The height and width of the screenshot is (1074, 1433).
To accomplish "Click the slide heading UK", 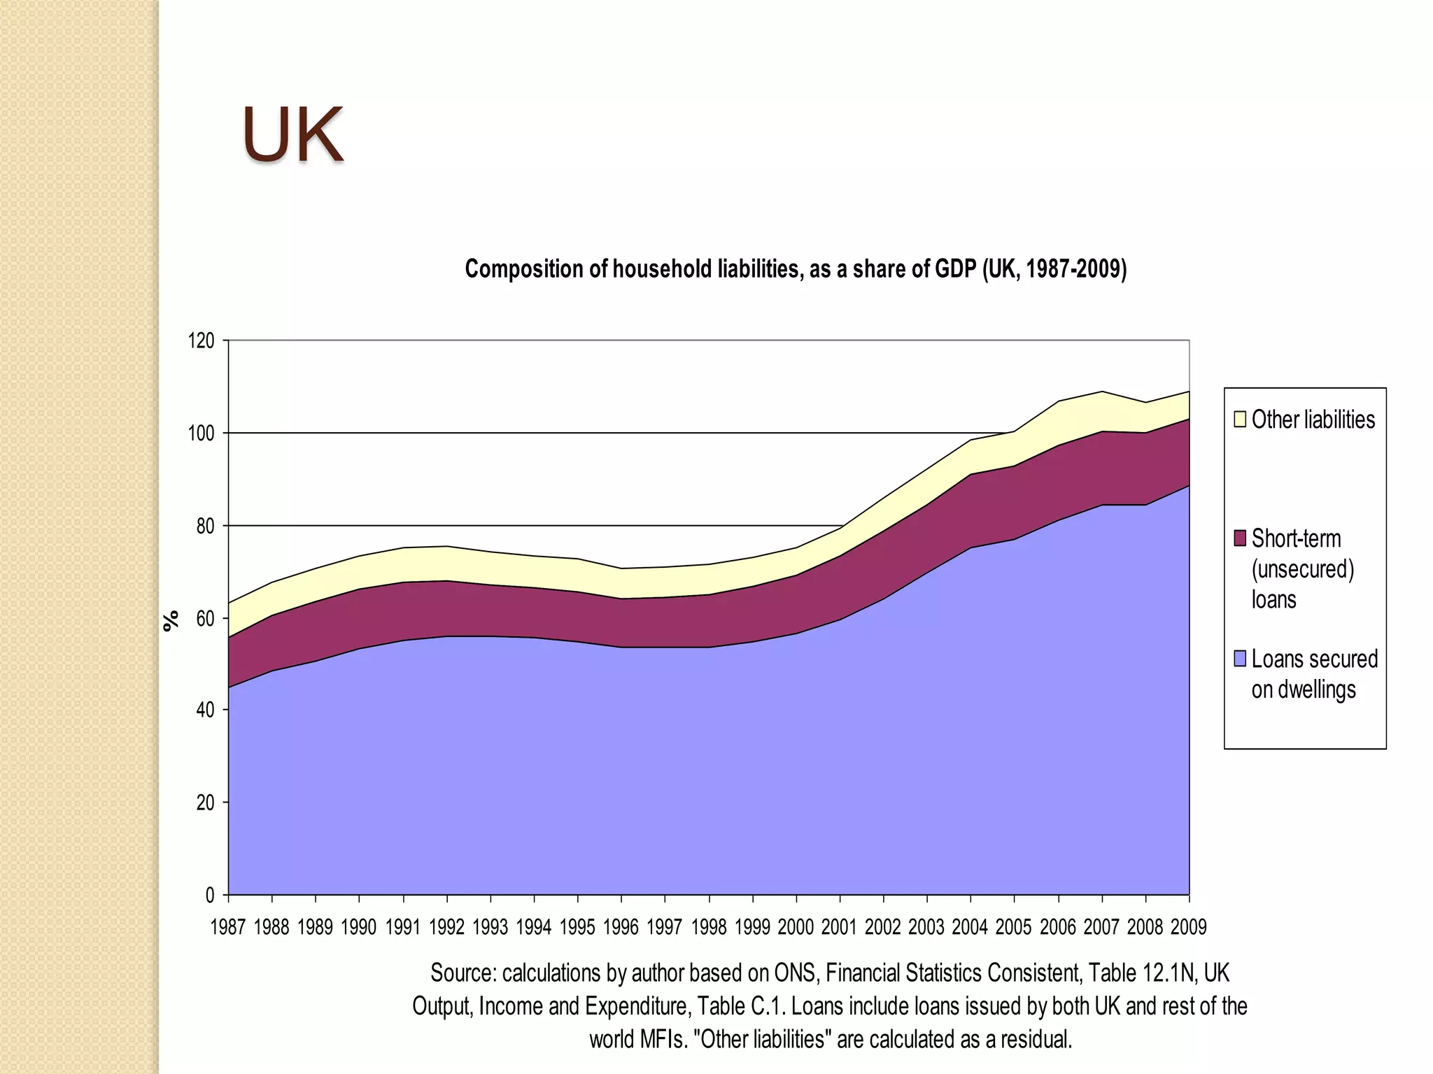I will tap(292, 135).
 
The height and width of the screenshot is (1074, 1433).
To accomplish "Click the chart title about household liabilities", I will tap(796, 269).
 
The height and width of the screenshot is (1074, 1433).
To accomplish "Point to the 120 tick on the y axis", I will tap(201, 341).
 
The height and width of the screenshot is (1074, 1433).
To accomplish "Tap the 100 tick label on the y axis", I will tap(201, 434).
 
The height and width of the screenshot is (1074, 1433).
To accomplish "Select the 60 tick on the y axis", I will tap(204, 619).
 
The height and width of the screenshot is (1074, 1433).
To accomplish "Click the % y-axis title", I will tap(171, 620).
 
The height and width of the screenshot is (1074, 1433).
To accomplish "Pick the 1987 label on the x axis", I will tap(228, 928).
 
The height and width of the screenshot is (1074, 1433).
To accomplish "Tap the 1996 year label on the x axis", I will tap(621, 928).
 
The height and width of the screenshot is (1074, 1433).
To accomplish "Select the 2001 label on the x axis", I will tap(839, 928).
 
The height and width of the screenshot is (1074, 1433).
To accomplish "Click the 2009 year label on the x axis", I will tap(1189, 928).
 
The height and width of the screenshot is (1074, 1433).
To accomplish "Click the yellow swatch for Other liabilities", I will tap(1240, 420).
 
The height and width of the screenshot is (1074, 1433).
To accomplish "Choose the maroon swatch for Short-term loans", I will tap(1240, 538).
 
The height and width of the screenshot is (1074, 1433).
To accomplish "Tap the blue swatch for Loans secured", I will tap(1240, 659).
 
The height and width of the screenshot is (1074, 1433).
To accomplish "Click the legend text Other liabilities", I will tap(1313, 420).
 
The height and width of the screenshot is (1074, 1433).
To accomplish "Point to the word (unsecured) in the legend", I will tap(1303, 569).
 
